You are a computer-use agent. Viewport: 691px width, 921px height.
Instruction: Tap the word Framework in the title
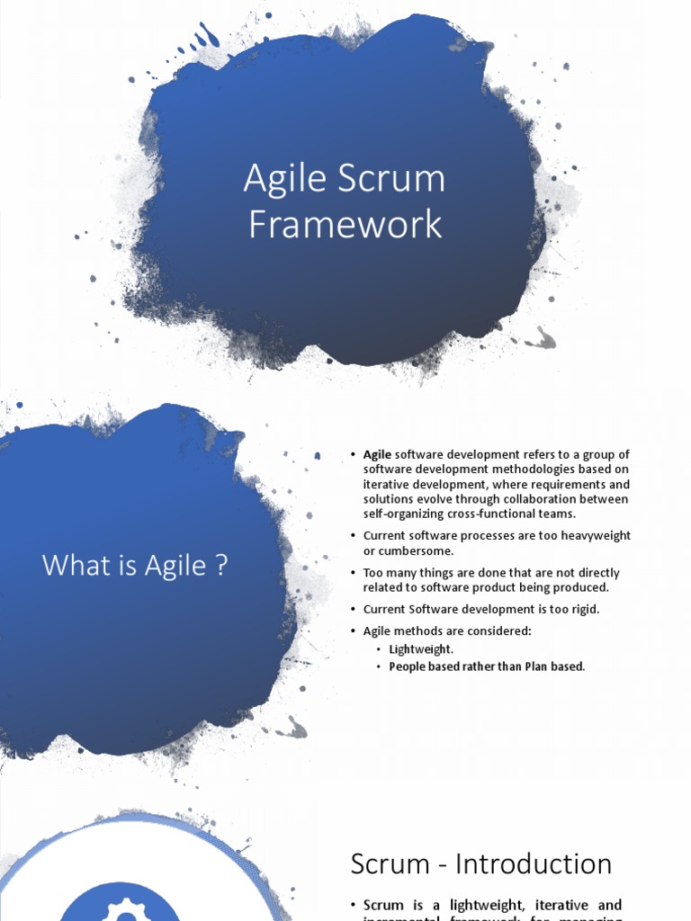coord(345,224)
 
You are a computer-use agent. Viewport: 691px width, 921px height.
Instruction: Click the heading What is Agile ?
coord(135,566)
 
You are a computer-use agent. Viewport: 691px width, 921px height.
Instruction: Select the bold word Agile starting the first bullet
coord(377,455)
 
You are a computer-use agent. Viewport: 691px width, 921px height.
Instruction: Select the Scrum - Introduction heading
coord(480,864)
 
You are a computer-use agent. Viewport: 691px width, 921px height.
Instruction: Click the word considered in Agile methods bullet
coord(501,630)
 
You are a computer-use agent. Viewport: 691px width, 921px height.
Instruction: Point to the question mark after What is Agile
coord(221,566)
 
